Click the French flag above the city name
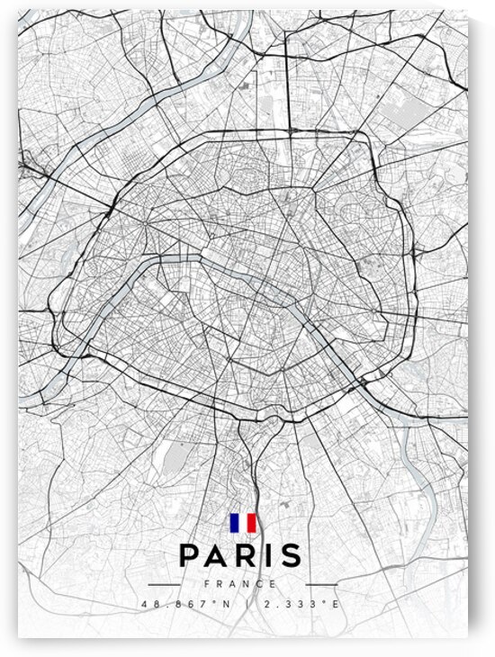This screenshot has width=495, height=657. (x=243, y=523)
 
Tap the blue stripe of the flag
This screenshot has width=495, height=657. (x=234, y=523)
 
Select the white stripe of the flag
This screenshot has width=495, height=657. (x=243, y=523)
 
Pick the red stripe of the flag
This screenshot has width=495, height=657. (x=252, y=523)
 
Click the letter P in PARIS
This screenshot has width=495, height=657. (x=191, y=555)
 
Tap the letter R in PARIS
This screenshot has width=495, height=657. (x=248, y=555)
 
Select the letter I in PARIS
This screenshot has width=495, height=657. (x=270, y=555)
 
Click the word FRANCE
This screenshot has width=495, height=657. (x=242, y=584)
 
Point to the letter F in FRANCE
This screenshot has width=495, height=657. (x=208, y=584)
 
